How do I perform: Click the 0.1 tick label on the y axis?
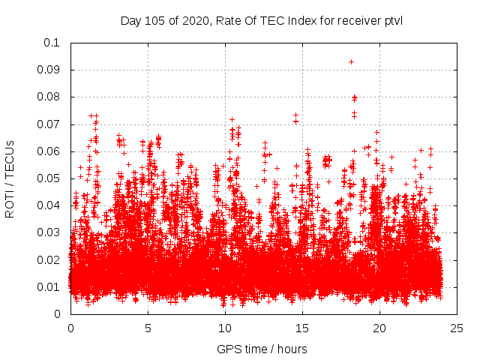pos(52,43)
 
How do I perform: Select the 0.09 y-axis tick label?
pos(49,70)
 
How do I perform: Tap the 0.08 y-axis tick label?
pos(49,97)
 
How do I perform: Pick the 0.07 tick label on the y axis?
pos(49,124)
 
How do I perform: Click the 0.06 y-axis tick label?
pos(49,151)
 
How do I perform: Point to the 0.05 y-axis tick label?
pos(49,178)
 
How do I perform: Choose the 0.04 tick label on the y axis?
pos(49,205)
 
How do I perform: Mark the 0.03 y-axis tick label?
pos(49,233)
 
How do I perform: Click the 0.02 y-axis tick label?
pos(49,260)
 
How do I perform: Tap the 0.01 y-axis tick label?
pos(49,287)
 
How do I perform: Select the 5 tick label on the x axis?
pos(148,328)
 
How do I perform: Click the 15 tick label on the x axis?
pos(302,328)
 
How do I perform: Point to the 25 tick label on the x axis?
pos(457,328)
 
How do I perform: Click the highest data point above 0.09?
pos(351,61)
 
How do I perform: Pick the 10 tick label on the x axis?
pos(225,328)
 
